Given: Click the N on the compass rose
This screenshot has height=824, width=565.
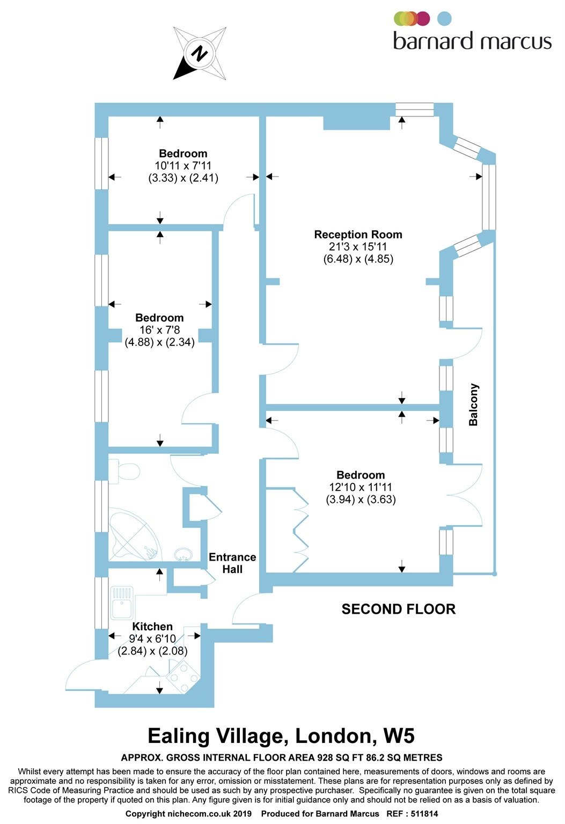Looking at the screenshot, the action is point(200,53).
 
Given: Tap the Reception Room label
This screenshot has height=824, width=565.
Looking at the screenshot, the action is point(358,234).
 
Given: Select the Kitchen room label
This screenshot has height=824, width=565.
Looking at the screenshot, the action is point(152,626).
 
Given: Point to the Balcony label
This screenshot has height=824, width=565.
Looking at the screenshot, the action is point(473,404).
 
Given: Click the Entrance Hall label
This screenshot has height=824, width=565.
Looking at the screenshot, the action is point(232,563).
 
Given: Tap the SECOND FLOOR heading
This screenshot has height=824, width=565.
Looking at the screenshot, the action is point(398,609).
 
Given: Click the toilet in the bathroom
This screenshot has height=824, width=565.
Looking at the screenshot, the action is point(124,471).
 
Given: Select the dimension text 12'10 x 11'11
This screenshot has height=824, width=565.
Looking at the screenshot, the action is point(361,488).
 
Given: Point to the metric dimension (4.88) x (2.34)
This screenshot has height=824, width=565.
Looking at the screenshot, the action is point(160,342).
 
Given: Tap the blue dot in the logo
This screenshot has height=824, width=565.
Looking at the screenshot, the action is point(444,19).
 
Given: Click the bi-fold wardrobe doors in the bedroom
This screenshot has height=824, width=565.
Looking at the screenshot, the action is point(300,530).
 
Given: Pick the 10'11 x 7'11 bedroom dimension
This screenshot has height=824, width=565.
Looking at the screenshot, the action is point(183,166).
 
